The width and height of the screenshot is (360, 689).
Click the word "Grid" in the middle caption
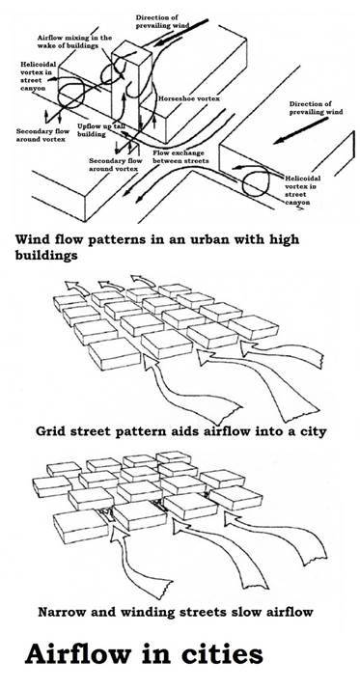click(55, 430)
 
